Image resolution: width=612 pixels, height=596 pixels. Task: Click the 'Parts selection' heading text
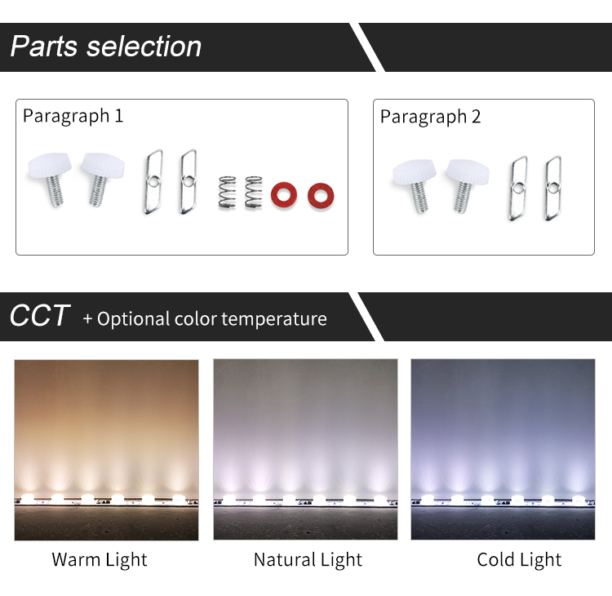(x=106, y=47)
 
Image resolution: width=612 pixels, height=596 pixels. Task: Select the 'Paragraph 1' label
(x=73, y=116)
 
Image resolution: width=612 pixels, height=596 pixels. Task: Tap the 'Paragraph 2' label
(x=431, y=117)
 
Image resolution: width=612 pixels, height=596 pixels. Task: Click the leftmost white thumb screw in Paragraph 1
(x=50, y=178)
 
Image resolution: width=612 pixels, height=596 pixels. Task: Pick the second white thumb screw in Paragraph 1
(x=102, y=178)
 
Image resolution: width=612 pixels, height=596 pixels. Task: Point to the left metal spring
(x=227, y=192)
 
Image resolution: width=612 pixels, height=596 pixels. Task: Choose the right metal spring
(x=253, y=192)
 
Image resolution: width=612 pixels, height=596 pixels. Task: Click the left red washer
(x=284, y=194)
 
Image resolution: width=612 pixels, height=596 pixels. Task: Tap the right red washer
(x=321, y=195)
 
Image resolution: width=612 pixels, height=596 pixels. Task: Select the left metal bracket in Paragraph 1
(x=153, y=181)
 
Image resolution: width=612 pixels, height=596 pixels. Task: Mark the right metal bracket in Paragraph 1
(x=188, y=181)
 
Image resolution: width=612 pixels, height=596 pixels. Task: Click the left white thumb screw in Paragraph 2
(x=415, y=185)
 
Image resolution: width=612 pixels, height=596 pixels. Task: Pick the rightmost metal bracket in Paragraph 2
(x=553, y=189)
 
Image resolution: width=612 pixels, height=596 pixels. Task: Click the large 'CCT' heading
(x=40, y=316)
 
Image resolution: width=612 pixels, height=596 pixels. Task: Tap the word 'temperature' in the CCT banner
(x=274, y=319)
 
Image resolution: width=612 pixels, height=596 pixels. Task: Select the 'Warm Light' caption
(x=100, y=560)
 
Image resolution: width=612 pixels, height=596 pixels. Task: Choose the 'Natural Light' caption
(x=308, y=560)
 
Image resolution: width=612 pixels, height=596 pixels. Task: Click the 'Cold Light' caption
(x=519, y=560)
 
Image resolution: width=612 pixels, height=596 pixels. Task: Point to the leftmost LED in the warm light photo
(x=28, y=497)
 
